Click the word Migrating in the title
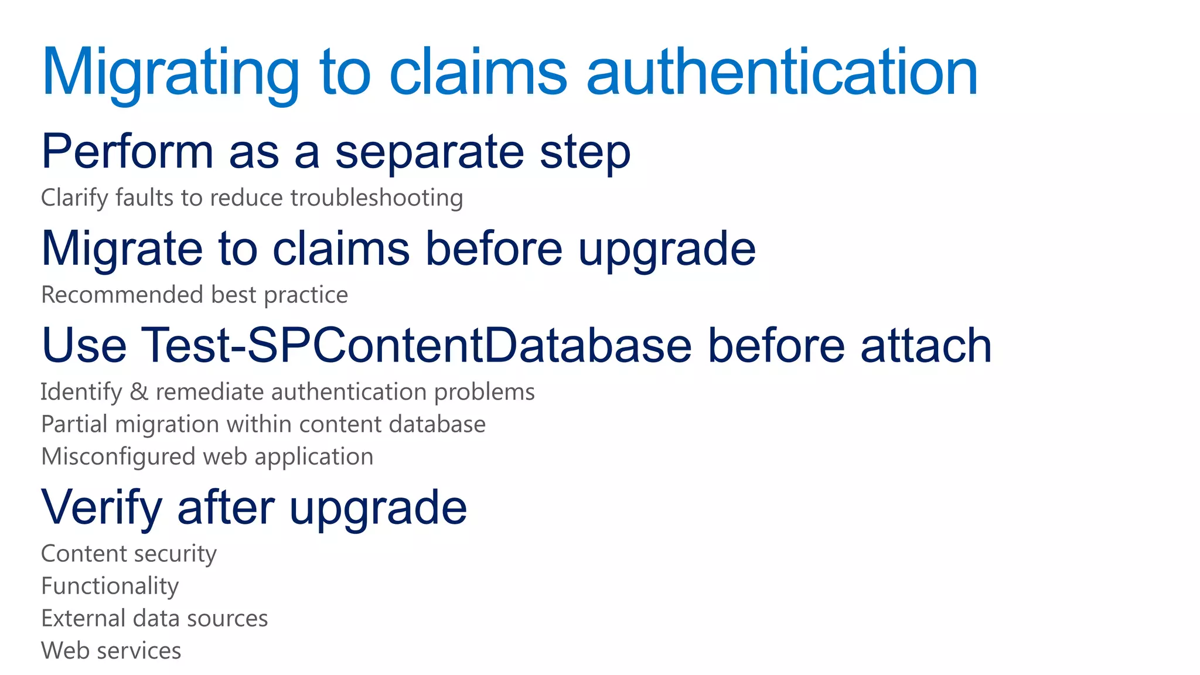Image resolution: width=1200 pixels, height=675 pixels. point(170,73)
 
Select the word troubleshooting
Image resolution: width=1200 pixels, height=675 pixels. point(377,198)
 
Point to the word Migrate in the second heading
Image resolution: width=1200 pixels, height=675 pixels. point(122,248)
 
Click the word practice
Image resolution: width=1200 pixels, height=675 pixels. point(306,295)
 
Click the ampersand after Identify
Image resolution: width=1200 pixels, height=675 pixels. point(139,392)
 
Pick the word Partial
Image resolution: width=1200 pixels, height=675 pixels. point(74,424)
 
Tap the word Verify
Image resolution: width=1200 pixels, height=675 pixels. point(101,507)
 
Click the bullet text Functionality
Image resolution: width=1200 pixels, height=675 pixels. point(110,587)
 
